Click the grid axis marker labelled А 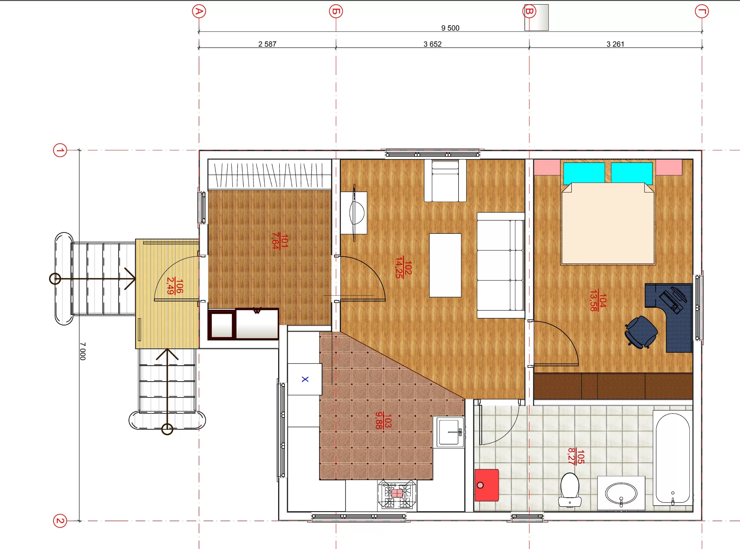pos(199,11)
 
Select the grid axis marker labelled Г pos(702,11)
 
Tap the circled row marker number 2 pos(60,521)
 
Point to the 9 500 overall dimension pos(450,28)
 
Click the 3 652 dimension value pos(432,44)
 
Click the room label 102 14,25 pos(403,267)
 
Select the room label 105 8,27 pos(576,456)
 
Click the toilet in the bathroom pos(570,490)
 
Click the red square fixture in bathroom pos(487,485)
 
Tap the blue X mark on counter pos(305,379)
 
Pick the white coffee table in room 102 pos(445,265)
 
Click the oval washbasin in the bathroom pos(621,493)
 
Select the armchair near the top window pos(445,181)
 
